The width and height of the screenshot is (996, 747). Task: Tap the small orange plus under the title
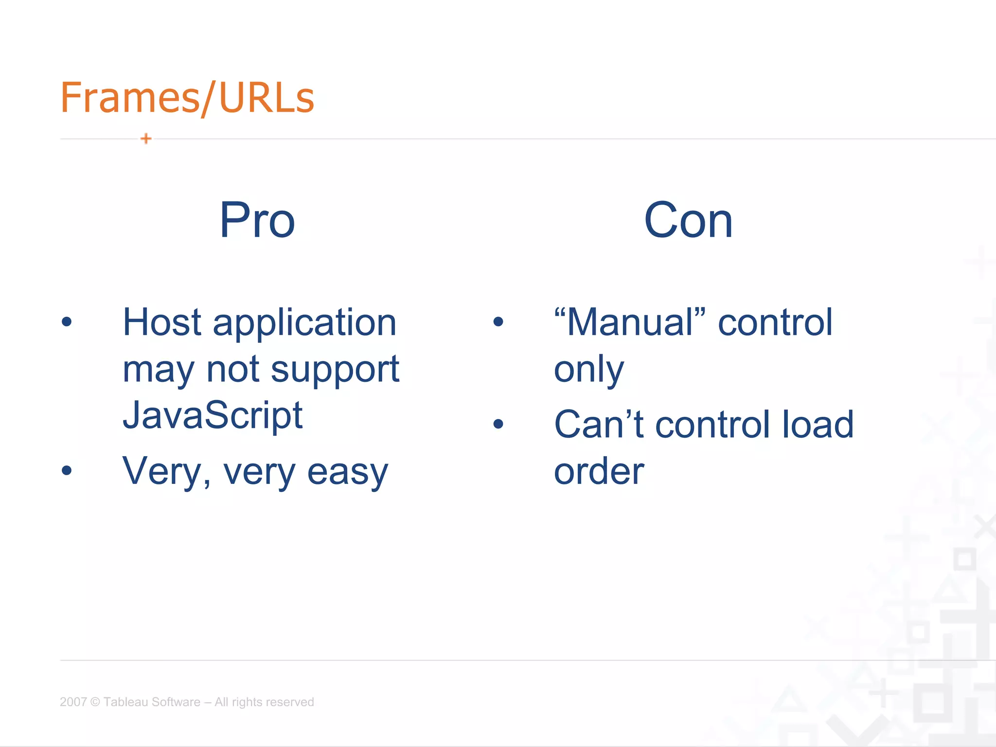146,139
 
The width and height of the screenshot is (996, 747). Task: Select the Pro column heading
257,220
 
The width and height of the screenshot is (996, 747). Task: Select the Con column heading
688,220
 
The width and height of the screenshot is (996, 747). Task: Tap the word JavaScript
213,416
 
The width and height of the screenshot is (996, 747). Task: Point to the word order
599,472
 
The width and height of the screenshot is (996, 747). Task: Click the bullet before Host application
67,321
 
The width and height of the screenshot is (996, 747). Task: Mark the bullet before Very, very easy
67,470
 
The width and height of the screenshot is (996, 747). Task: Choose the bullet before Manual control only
498,321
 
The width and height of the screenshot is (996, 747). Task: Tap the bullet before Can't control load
498,424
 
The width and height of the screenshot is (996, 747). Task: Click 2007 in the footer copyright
73,702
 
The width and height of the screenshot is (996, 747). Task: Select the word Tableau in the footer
124,702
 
